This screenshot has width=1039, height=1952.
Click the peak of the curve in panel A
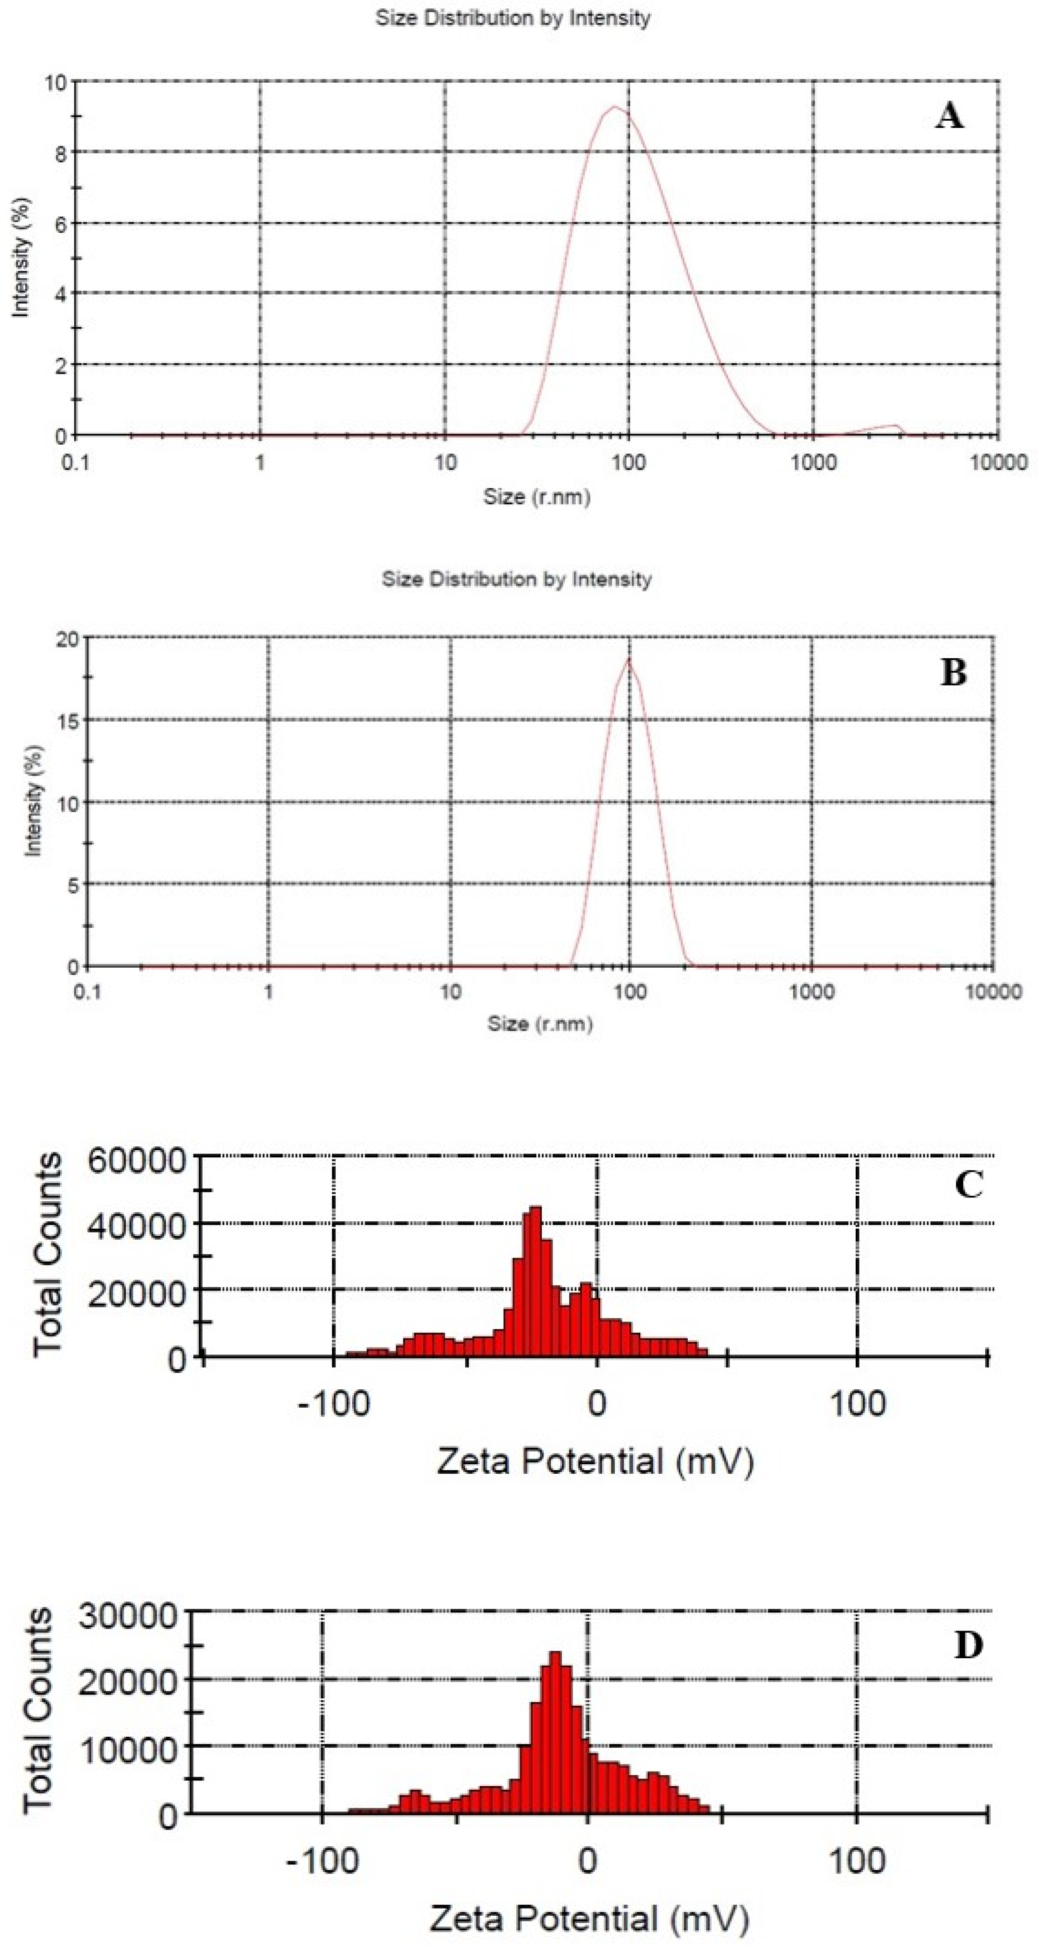point(614,107)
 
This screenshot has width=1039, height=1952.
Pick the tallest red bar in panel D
point(556,1695)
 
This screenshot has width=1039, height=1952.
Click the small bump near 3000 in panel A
point(894,427)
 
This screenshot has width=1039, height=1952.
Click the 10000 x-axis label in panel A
point(997,462)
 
